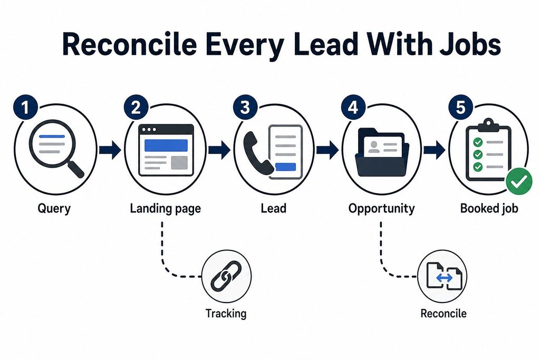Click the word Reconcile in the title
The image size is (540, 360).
coord(129,44)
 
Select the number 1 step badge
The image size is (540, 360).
coord(25,108)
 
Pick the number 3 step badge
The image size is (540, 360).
coord(245,107)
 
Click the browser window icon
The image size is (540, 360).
coord(166,150)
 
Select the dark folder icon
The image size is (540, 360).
coord(382,152)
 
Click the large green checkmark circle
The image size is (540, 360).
coord(519,181)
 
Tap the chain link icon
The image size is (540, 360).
coord(226,276)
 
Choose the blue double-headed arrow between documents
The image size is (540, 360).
coord(444,277)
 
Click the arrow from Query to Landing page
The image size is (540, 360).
coord(110,150)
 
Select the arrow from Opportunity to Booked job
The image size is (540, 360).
coord(435,150)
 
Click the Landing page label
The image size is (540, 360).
coord(165,209)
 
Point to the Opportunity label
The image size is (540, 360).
coord(382,209)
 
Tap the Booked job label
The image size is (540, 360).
coord(489,208)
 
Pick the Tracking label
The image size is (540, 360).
coord(226,314)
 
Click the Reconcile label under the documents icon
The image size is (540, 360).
coord(443,313)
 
